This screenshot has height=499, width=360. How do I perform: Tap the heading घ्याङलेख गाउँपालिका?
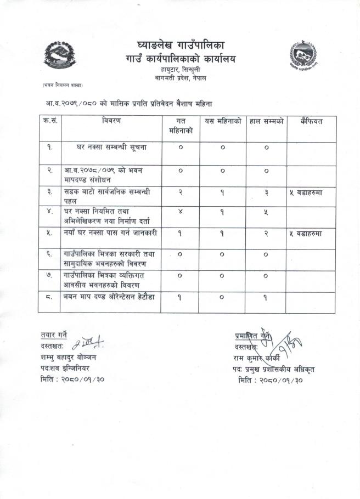pos(181,44)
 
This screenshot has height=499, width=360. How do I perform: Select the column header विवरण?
pos(111,120)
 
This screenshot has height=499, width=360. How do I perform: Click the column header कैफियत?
pos(311,121)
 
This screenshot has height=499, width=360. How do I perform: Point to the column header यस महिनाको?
pos(222,121)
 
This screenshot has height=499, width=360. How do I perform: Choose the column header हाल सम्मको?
pos(266,121)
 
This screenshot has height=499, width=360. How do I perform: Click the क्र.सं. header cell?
pos(49,120)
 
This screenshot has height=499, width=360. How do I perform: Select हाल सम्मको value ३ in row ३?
pos(266,191)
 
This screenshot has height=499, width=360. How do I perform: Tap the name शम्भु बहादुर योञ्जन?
pos(68,357)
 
